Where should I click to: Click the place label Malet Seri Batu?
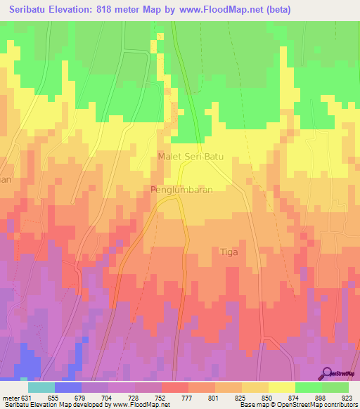(191, 157)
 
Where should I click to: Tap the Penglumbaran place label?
(182, 190)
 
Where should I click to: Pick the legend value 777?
(188, 396)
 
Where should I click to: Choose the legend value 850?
(268, 396)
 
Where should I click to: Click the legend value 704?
(108, 396)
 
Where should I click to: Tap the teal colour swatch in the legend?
(41, 387)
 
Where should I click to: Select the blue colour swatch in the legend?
(67, 387)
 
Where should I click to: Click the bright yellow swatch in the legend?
(281, 387)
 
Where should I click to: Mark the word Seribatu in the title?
(30, 10)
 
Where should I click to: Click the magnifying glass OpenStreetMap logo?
(328, 373)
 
